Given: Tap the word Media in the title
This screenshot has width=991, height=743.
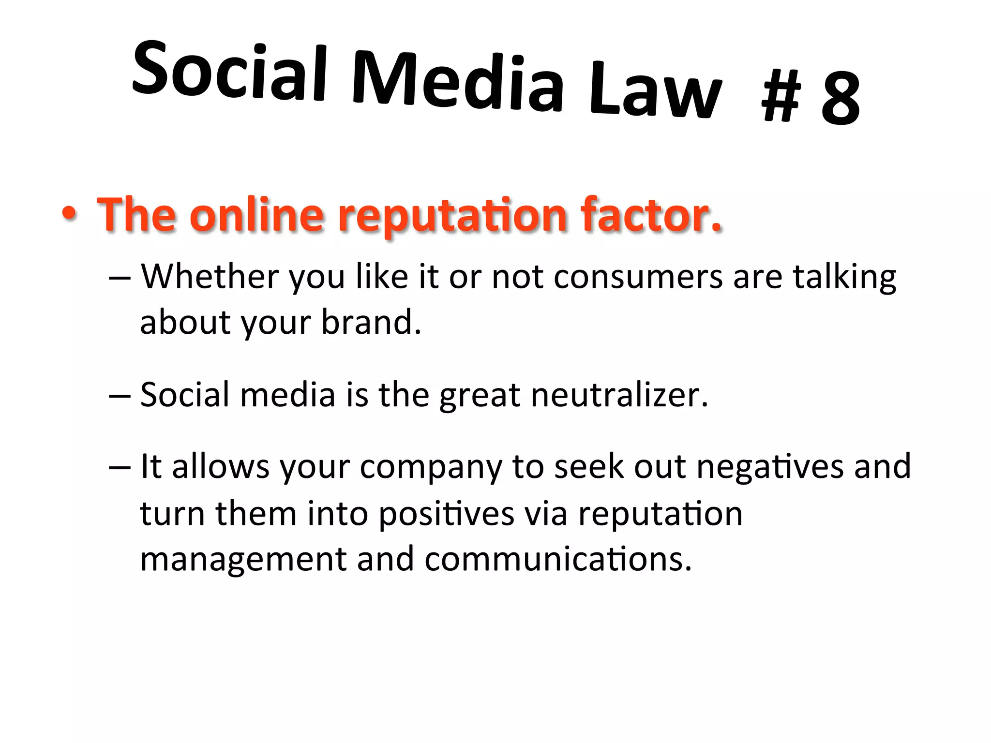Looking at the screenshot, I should (458, 82).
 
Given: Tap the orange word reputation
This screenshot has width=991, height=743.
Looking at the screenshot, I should (452, 216).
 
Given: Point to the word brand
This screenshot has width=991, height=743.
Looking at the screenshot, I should (371, 322).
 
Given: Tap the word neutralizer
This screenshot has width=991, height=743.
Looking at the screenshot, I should (619, 395).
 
